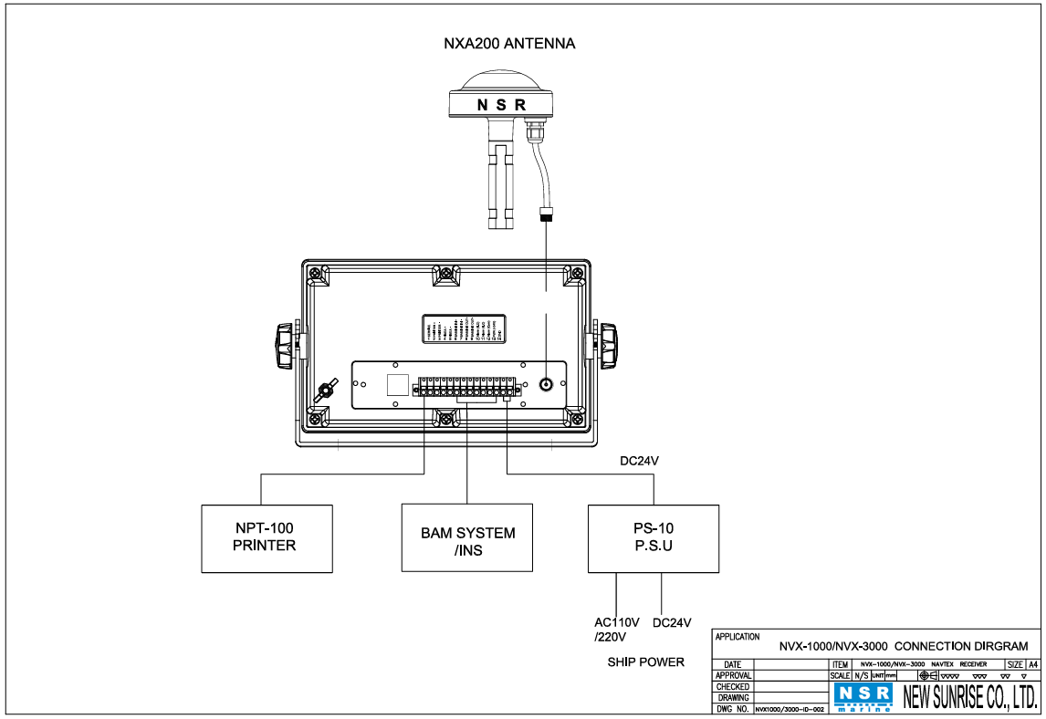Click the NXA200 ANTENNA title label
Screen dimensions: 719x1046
pyautogui.click(x=508, y=43)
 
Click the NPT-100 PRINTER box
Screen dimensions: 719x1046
pyautogui.click(x=267, y=538)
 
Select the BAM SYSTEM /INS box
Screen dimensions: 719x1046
pyautogui.click(x=467, y=538)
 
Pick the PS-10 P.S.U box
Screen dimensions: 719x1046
pyautogui.click(x=653, y=538)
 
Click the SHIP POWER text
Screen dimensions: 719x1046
pyautogui.click(x=645, y=662)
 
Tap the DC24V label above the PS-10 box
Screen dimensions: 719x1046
pyautogui.click(x=639, y=462)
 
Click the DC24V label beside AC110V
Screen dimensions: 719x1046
pyautogui.click(x=673, y=623)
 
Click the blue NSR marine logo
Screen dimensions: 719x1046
pyautogui.click(x=863, y=697)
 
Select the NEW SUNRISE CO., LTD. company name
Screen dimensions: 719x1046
pyautogui.click(x=969, y=698)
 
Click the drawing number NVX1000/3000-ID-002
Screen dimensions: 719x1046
pyautogui.click(x=790, y=709)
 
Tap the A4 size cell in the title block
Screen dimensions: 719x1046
pyautogui.click(x=1033, y=664)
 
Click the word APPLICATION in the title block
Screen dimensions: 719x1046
pyautogui.click(x=737, y=636)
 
